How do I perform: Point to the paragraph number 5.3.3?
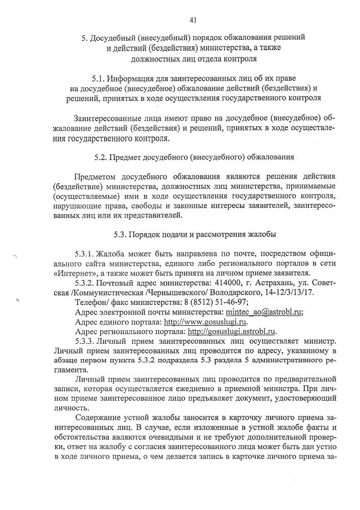[x=84, y=342]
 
